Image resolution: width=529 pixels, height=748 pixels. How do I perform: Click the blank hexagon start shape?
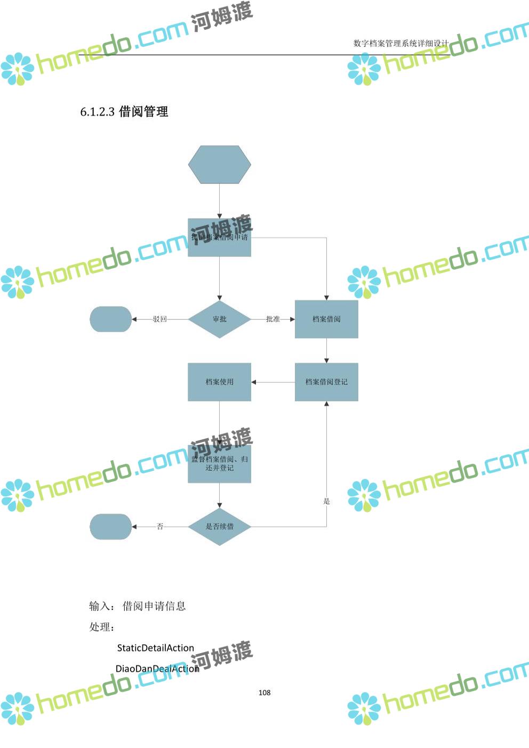219,165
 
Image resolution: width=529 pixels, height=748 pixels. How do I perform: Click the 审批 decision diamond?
219,319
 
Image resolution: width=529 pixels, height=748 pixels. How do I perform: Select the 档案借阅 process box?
326,319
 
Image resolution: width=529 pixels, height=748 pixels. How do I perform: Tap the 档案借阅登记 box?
326,382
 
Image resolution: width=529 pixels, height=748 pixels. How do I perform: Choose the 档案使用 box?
219,382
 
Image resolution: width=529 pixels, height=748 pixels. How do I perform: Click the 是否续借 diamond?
219,526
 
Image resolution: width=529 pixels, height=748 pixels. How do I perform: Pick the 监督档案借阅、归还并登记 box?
219,464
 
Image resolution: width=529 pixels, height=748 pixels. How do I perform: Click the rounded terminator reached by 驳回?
110,319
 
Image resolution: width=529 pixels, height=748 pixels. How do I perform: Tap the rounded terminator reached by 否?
110,526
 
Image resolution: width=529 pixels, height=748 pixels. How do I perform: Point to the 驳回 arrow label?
159,319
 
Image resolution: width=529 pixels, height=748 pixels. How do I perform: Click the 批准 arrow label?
272,319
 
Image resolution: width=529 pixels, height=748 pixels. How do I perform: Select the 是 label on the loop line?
326,501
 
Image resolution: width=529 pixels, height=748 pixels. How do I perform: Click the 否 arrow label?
159,526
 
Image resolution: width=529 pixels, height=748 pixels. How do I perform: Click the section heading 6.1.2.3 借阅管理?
124,111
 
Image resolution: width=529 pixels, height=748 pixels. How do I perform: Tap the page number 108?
264,693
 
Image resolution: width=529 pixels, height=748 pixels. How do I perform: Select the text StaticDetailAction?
155,648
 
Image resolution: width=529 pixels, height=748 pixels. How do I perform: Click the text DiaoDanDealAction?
157,669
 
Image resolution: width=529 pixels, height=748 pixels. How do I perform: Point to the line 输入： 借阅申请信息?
137,606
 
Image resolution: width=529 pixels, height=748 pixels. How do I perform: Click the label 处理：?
102,627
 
